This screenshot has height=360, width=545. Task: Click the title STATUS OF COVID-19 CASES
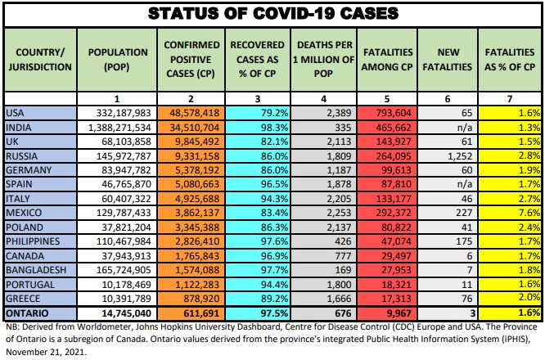[x=272, y=13]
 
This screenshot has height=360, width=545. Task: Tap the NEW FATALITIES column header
[x=448, y=59]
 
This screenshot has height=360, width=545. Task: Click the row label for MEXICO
[x=24, y=210]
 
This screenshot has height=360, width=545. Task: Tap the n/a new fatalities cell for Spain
[x=458, y=182]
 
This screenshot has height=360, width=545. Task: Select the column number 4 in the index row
[x=325, y=97]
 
